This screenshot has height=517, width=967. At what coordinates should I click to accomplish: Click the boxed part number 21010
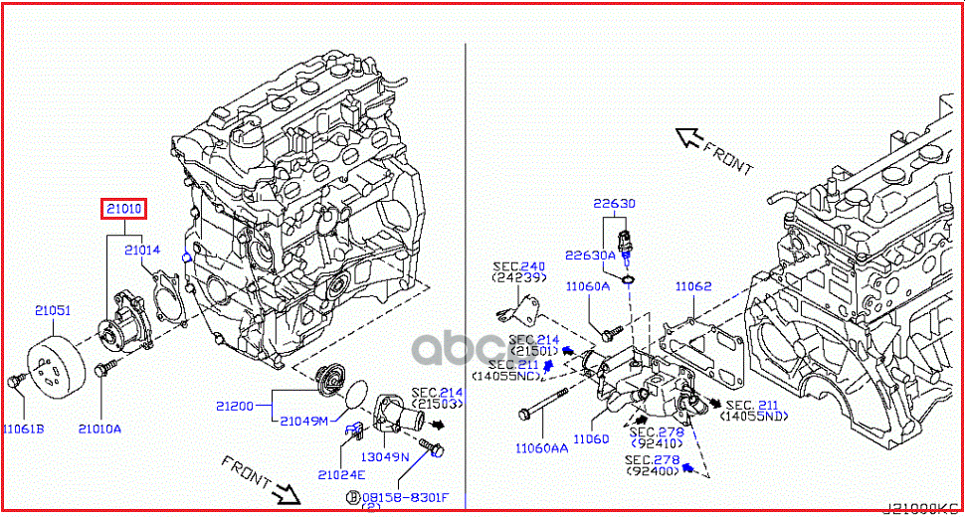coord(123,209)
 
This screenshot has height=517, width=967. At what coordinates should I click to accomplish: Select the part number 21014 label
coord(142,252)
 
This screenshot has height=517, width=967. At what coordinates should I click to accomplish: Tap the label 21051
coord(53,311)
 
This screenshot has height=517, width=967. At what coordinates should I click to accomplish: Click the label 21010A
coord(100,429)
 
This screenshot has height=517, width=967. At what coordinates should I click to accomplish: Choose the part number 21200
coord(236,406)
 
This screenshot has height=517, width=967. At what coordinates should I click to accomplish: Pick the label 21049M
coord(303,421)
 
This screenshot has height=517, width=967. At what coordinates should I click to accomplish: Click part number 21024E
coord(342,474)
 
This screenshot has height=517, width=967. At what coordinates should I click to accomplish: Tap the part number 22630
coord(615,204)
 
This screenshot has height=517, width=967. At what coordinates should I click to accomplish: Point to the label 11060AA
coord(541,448)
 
